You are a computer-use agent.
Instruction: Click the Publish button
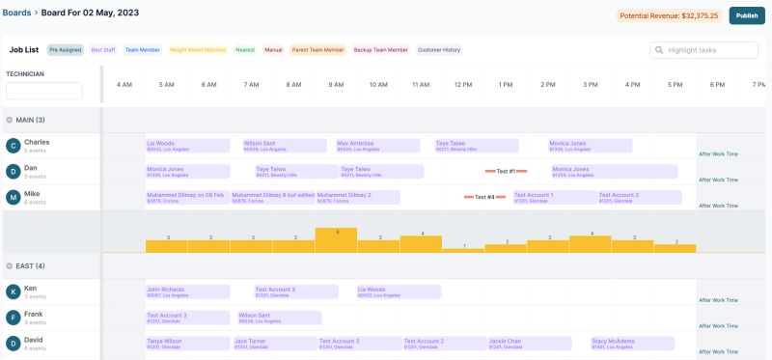click(746, 15)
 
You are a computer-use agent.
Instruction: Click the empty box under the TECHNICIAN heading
click(43, 91)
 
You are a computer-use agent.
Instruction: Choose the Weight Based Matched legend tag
click(198, 50)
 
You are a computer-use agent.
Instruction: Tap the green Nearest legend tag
click(245, 50)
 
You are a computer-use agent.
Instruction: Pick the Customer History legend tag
click(439, 50)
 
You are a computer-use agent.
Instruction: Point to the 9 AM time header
click(336, 84)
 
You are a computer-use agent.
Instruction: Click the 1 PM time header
click(506, 84)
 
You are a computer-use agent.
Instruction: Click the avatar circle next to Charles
click(14, 146)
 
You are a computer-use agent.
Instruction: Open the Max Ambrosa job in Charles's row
click(376, 146)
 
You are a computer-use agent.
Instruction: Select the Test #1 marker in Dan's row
click(506, 171)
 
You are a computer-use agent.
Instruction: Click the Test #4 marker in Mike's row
click(484, 197)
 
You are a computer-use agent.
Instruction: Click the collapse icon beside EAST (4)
click(10, 265)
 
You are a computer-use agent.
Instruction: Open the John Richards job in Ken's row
click(187, 291)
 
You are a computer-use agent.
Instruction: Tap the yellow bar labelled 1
click(463, 249)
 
